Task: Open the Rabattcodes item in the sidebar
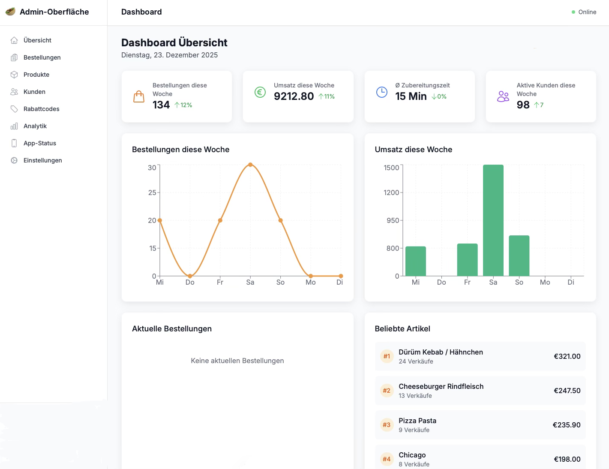click(x=41, y=109)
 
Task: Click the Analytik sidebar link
click(x=35, y=126)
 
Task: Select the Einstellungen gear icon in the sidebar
click(x=14, y=160)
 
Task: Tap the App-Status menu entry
click(x=39, y=143)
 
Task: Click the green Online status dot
click(x=573, y=12)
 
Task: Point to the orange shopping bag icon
click(x=139, y=96)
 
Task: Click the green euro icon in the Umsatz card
click(x=260, y=92)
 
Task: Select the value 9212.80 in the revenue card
click(x=294, y=96)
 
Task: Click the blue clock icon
click(x=381, y=92)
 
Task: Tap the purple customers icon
click(x=503, y=96)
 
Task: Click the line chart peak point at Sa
click(x=250, y=165)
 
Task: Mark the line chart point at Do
click(x=190, y=276)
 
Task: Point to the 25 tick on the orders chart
click(x=152, y=192)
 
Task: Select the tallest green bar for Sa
click(x=493, y=220)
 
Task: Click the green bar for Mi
click(x=415, y=261)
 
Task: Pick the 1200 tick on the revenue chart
click(x=391, y=192)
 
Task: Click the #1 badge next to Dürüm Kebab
click(x=387, y=356)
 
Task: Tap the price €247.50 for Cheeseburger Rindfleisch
click(x=567, y=391)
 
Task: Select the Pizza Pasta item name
click(x=417, y=421)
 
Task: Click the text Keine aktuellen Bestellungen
click(x=237, y=361)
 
